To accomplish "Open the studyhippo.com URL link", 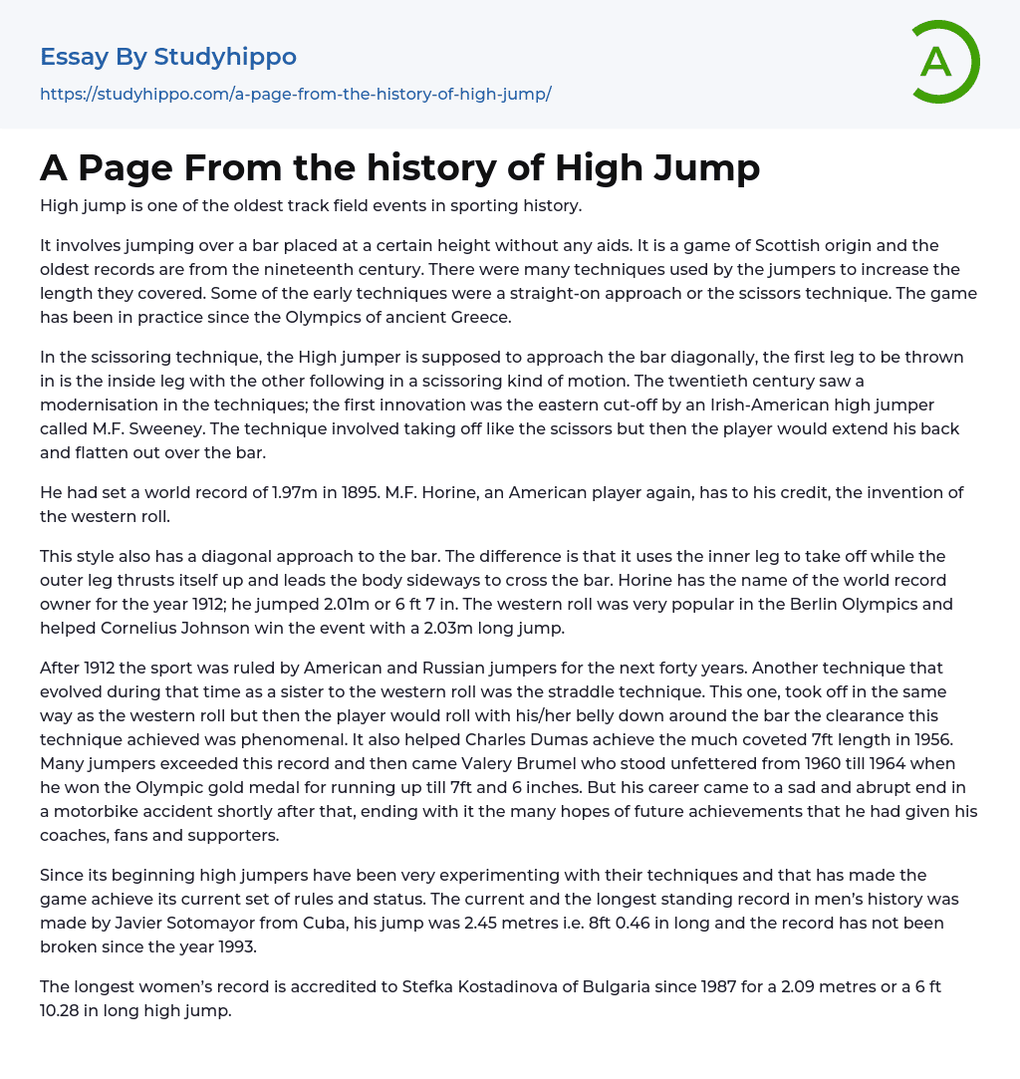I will (295, 94).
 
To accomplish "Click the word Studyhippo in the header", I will (225, 57).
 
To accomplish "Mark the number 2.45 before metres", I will (485, 923).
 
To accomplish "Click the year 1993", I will (227, 946).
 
